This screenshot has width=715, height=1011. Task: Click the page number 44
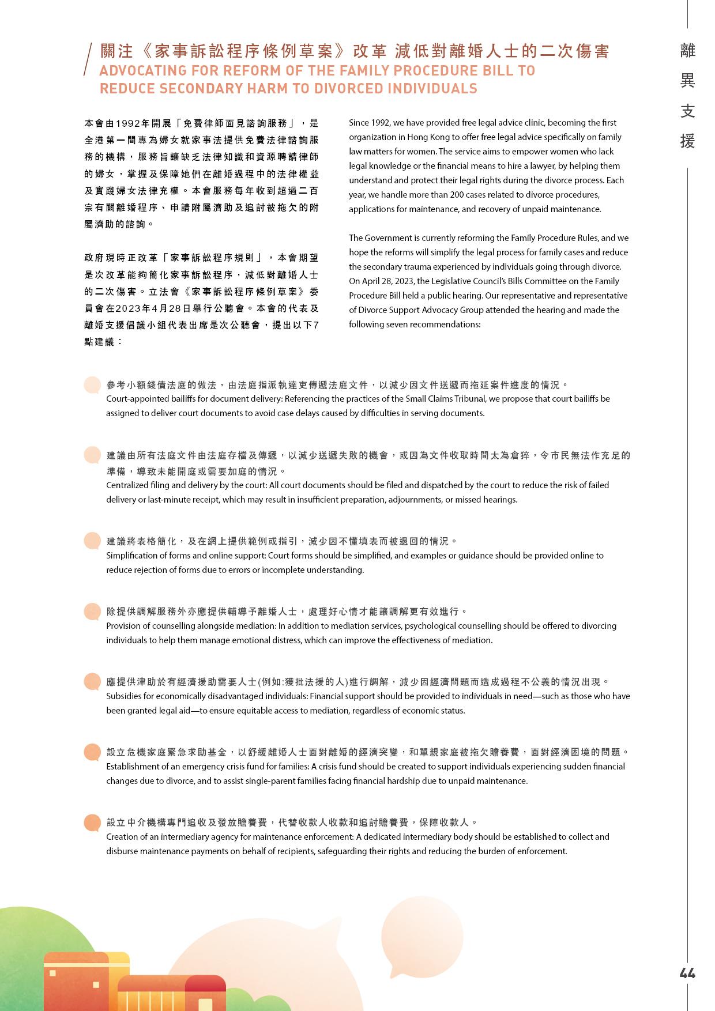click(x=687, y=974)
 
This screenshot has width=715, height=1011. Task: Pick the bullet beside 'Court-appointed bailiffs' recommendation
click(x=92, y=385)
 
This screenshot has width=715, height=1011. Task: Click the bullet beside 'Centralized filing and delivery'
click(x=92, y=455)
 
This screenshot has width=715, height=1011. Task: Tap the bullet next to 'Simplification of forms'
click(x=92, y=541)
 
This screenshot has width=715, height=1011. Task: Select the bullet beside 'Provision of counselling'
click(x=92, y=612)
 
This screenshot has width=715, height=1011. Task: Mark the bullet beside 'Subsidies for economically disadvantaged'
click(x=92, y=682)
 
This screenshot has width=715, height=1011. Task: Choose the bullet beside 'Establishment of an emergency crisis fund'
click(x=92, y=752)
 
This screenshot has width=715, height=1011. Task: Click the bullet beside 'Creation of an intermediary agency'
click(x=92, y=823)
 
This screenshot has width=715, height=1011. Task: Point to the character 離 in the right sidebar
click(x=687, y=51)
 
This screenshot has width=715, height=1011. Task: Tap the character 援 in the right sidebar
click(x=687, y=141)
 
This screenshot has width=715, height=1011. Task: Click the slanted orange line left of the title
click(x=88, y=59)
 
